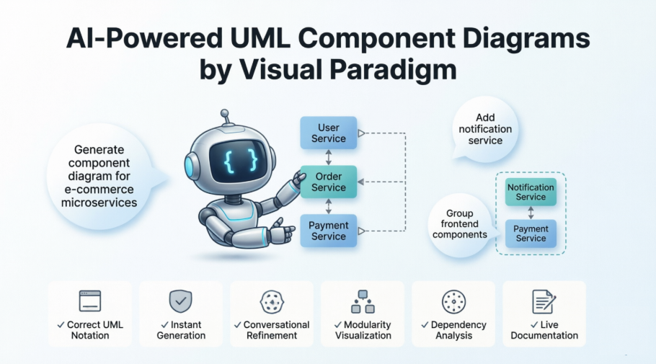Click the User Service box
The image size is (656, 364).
tap(328, 133)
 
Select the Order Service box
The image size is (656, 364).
tap(328, 182)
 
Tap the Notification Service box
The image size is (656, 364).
tap(531, 192)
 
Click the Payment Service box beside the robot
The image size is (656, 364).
tap(328, 231)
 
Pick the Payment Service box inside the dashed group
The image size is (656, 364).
tap(531, 234)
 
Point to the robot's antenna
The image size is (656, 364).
tap(225, 117)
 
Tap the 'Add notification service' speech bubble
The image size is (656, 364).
tap(485, 129)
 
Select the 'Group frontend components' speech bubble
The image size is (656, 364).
tap(460, 223)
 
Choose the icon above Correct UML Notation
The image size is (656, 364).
tap(90, 301)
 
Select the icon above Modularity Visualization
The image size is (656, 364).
tap(363, 301)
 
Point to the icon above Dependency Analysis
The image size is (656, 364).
tap(453, 301)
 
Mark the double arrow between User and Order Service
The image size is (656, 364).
tap(328, 157)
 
